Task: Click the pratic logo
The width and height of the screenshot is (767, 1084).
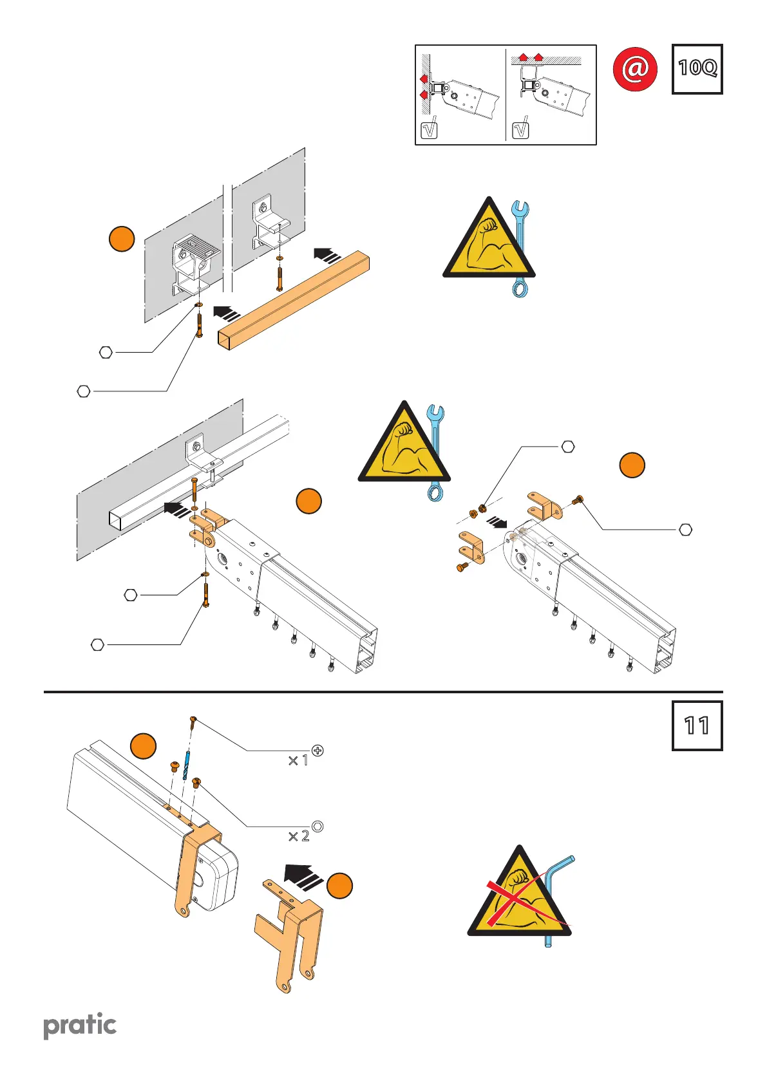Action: tap(80, 1025)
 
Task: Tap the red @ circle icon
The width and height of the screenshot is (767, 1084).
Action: tap(635, 69)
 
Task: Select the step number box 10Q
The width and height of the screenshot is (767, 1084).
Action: tap(697, 69)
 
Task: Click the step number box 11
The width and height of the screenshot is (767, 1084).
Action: tap(697, 726)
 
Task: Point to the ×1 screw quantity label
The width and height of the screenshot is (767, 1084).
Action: tap(298, 760)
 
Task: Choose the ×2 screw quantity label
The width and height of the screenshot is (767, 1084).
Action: tap(298, 836)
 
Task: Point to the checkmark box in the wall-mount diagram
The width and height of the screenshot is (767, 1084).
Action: tap(428, 129)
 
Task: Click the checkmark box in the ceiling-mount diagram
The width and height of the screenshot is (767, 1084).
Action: tap(520, 129)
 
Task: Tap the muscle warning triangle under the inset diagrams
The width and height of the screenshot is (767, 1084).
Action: tap(489, 241)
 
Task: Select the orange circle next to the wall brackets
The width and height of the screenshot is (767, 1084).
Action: tap(122, 238)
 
